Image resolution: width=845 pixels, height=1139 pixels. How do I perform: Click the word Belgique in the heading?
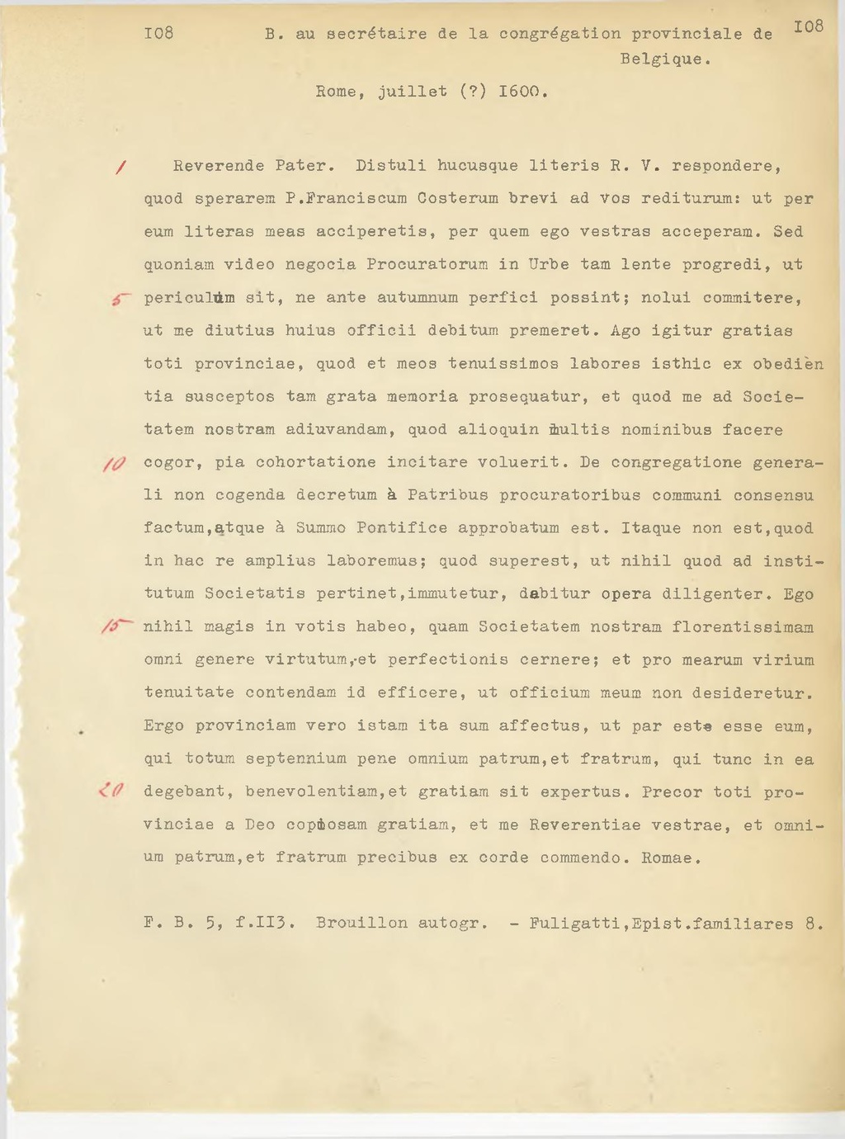(664, 59)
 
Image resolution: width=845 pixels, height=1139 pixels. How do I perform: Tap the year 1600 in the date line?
(522, 92)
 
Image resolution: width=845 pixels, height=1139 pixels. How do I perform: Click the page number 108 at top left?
(158, 34)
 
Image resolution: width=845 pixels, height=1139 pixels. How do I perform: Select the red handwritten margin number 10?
(113, 465)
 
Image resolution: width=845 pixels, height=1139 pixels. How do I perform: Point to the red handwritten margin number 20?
(111, 793)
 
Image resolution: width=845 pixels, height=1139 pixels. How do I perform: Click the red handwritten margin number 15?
(114, 628)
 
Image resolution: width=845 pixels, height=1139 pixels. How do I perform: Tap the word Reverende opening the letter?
(219, 166)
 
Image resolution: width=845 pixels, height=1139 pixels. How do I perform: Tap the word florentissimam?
(743, 627)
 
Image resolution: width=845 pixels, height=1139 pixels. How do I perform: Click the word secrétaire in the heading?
(377, 35)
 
